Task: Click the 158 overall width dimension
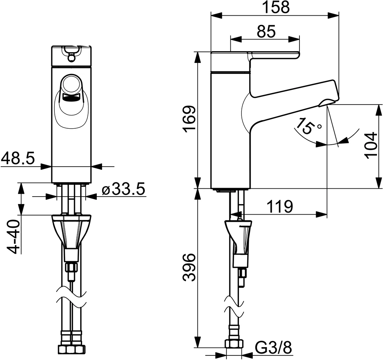(x=276, y=7)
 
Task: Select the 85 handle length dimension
(x=266, y=32)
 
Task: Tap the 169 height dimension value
(x=190, y=119)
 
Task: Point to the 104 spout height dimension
(x=371, y=145)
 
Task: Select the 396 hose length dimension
(x=190, y=267)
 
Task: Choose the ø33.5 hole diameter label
(x=123, y=190)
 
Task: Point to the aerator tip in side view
(x=328, y=103)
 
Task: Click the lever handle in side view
(x=274, y=55)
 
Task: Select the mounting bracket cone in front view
(x=71, y=231)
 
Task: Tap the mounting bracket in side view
(x=239, y=236)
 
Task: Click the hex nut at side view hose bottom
(x=234, y=344)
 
